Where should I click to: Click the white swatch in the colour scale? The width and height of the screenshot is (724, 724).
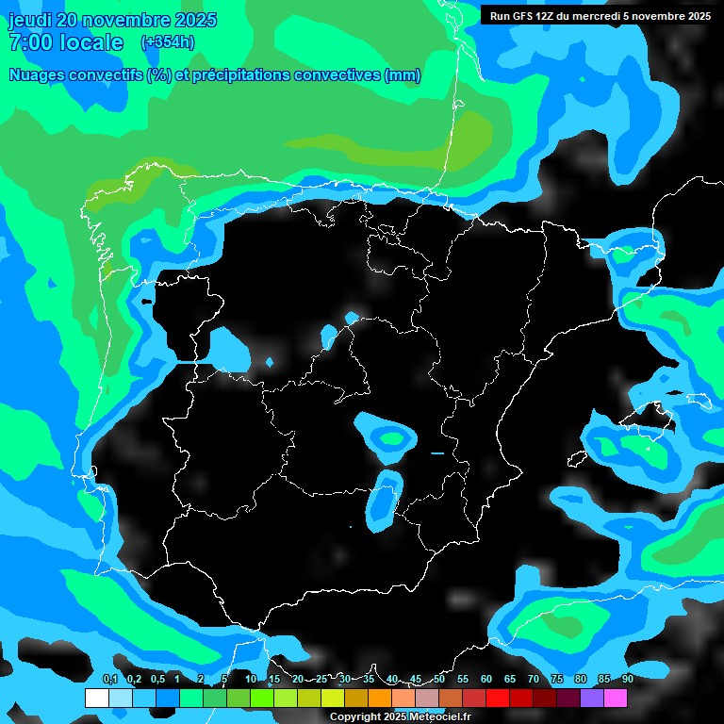coord(96,699)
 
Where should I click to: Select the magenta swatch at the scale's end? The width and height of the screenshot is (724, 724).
coord(616,699)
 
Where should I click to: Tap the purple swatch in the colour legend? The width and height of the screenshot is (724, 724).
coord(592,699)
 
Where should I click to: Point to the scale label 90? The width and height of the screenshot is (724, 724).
coord(628,679)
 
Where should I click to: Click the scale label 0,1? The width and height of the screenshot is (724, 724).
coord(110,679)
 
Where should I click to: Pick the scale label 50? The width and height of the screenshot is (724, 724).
coord(439,679)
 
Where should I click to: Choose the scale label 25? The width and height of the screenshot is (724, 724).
coord(321,679)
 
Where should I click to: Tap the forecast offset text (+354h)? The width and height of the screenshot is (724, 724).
coord(167,42)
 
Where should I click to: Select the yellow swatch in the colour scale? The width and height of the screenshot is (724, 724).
coord(333,699)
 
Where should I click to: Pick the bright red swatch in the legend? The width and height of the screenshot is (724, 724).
coord(498,699)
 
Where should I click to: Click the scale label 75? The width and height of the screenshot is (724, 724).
coord(557,679)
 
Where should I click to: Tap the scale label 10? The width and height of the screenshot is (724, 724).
coord(251,679)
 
